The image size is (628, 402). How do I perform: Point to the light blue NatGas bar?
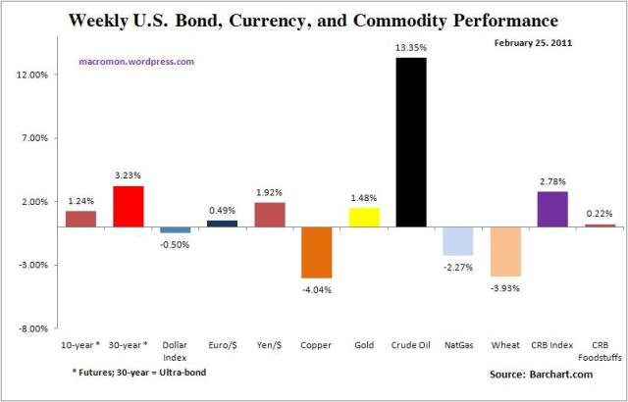pyautogui.click(x=457, y=240)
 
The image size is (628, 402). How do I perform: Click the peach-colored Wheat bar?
pyautogui.click(x=504, y=251)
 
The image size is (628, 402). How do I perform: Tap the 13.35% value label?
pyautogui.click(x=410, y=48)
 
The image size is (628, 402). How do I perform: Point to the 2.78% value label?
pyautogui.click(x=552, y=181)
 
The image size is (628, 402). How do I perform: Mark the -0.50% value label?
pyautogui.click(x=175, y=244)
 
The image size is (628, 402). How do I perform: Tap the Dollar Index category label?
pyautogui.click(x=175, y=351)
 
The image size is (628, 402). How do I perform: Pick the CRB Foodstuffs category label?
pyautogui.click(x=600, y=351)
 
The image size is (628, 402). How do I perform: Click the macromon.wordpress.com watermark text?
pyautogui.click(x=136, y=61)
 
